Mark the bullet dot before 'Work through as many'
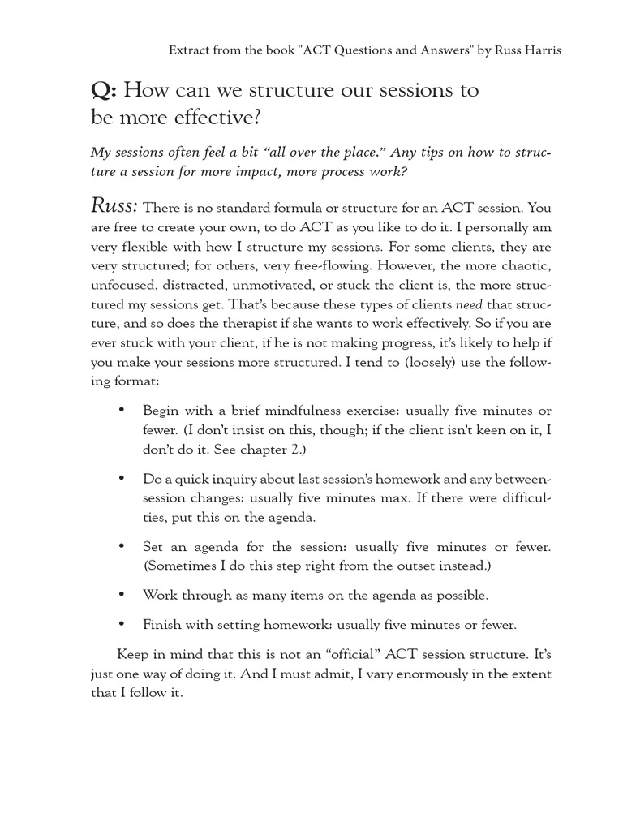122,595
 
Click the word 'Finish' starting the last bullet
161,625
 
